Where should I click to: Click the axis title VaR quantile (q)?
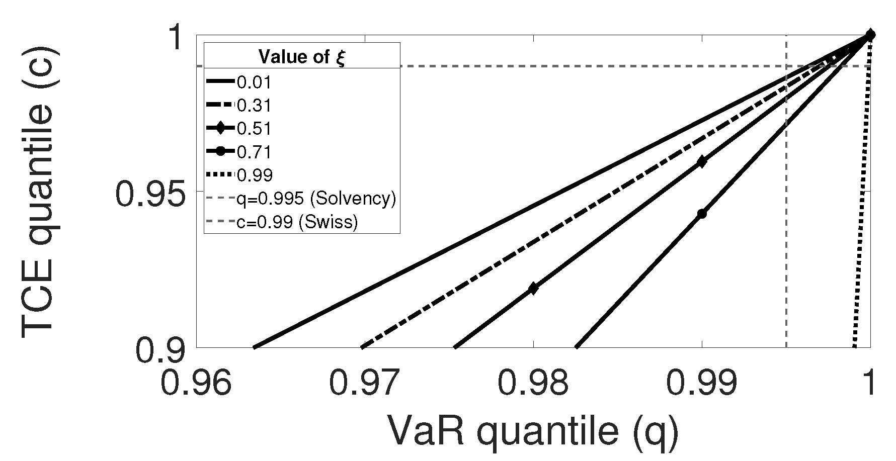point(533,431)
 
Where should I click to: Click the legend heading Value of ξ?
point(301,56)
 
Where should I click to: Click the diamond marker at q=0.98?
point(533,289)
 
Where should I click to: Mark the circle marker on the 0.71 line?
point(702,214)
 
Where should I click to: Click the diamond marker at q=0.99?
point(702,162)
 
